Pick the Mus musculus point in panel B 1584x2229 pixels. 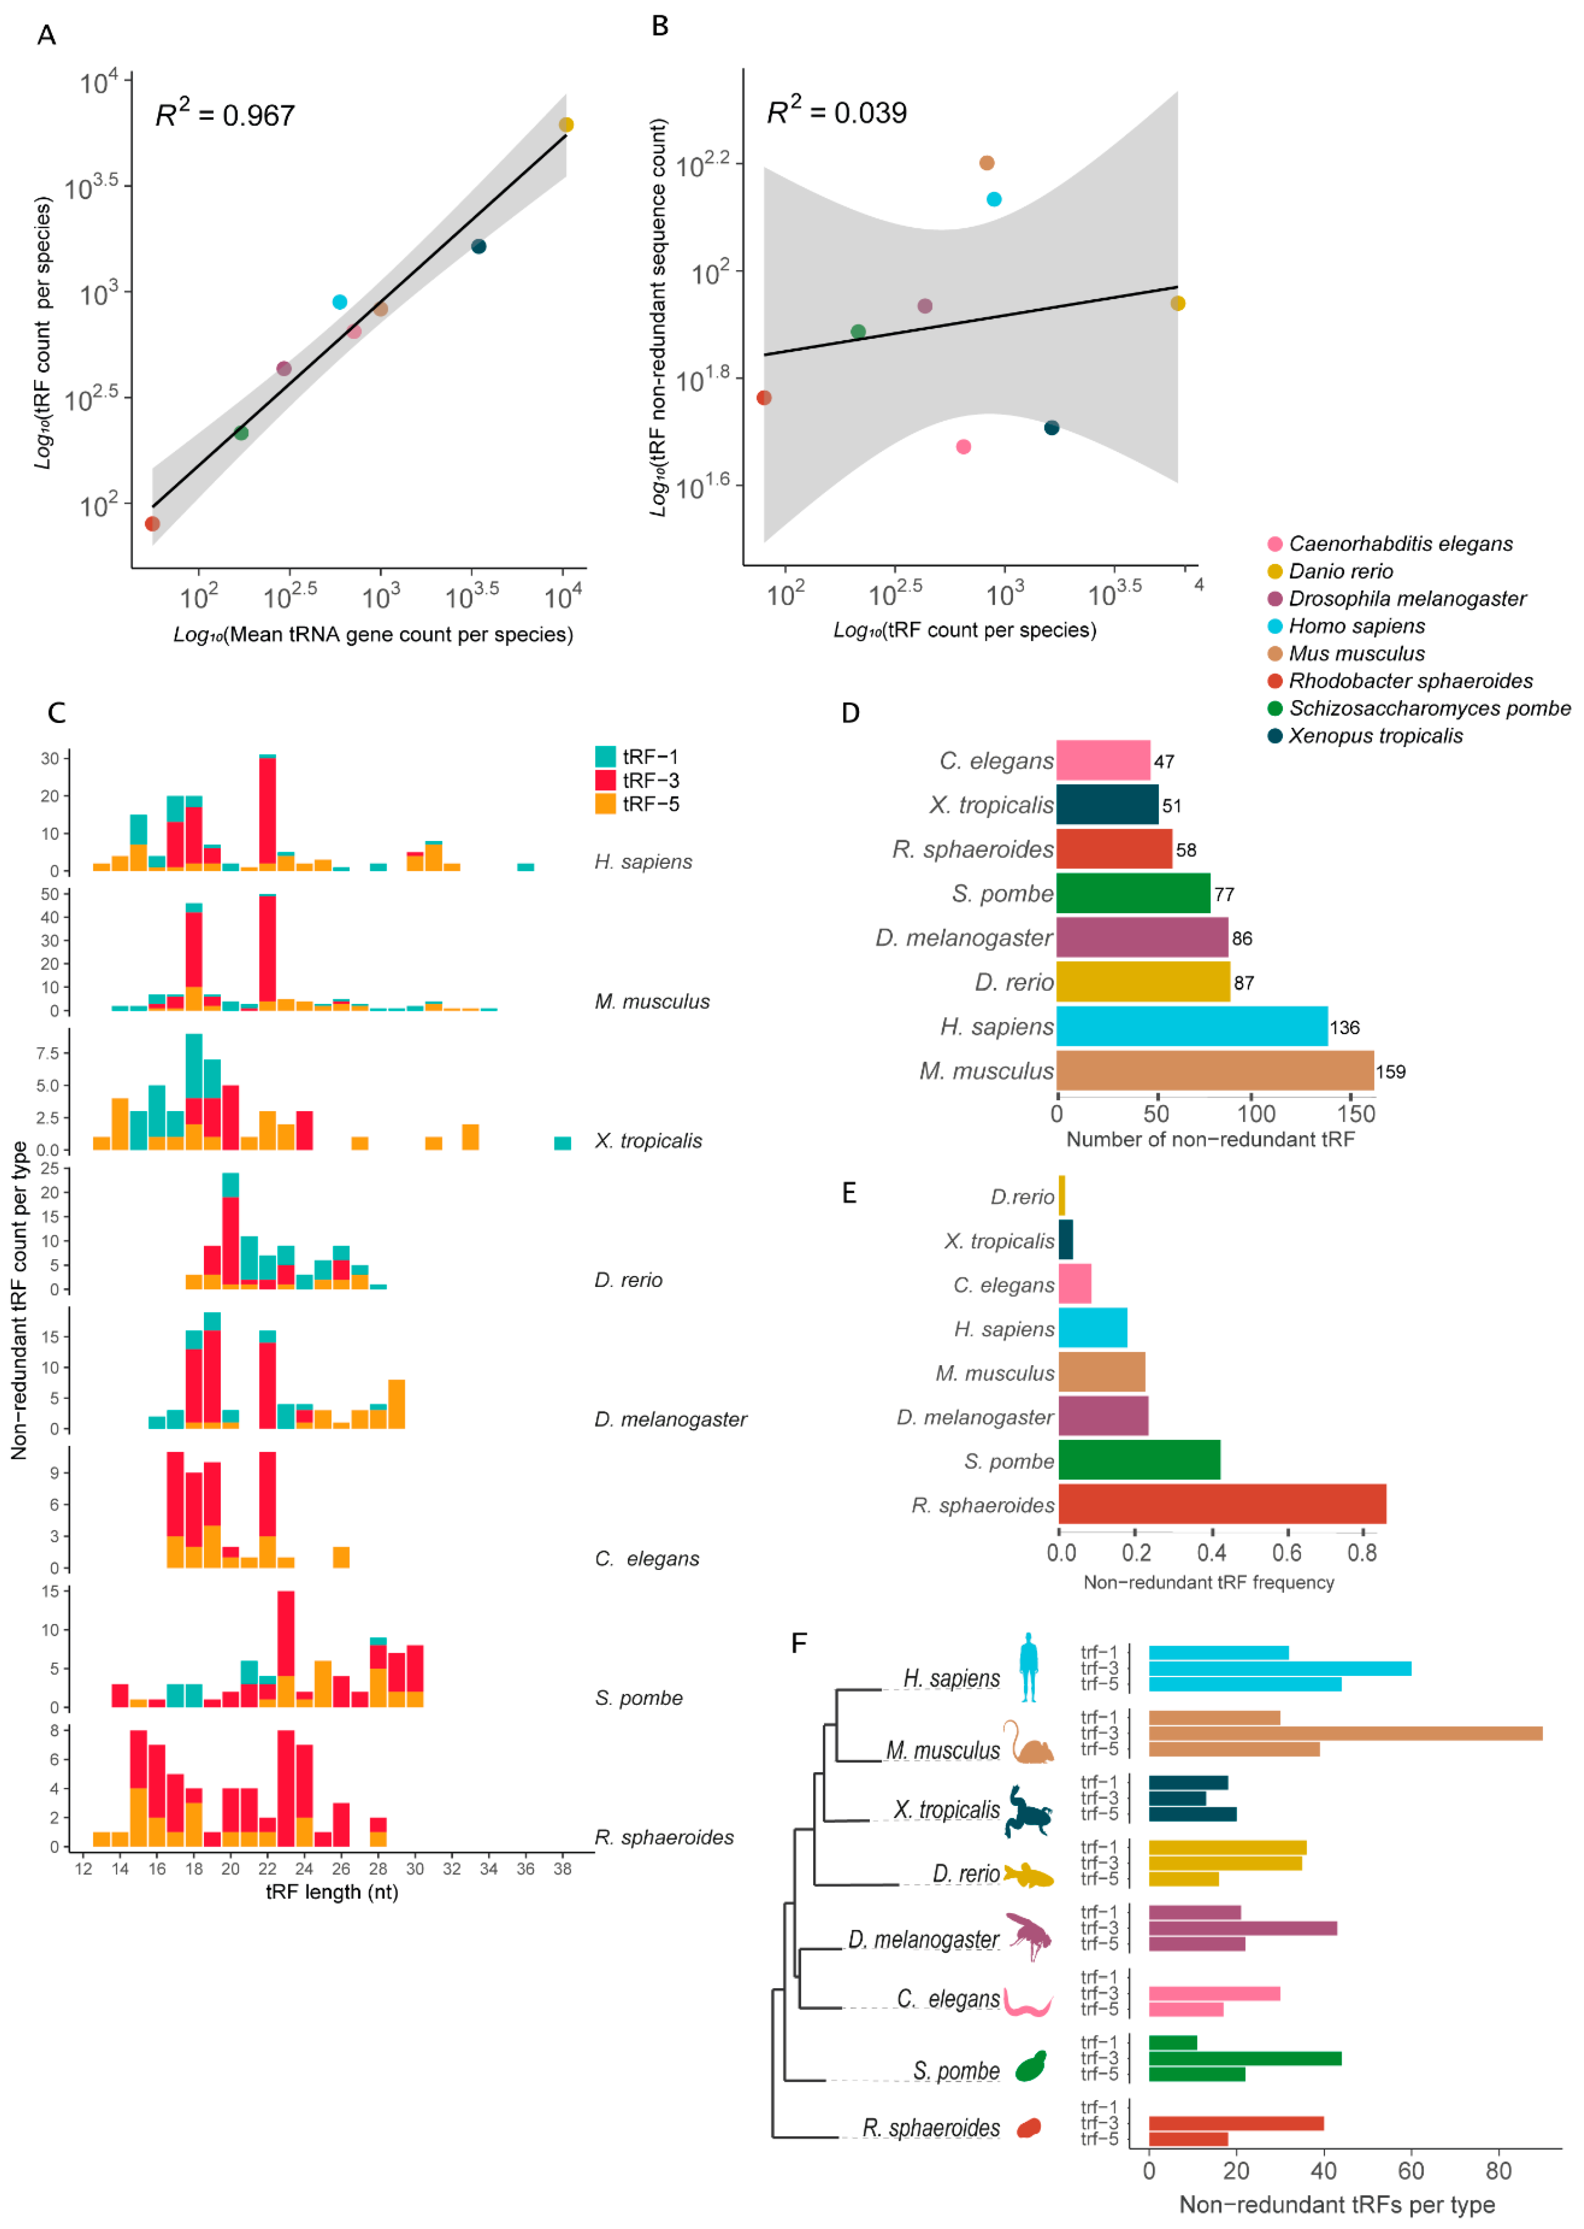point(986,163)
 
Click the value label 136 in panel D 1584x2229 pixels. point(1344,1027)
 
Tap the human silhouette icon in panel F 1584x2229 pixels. point(1028,1668)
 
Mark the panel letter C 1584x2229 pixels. point(57,713)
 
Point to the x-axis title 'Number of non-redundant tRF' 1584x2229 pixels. point(1209,1140)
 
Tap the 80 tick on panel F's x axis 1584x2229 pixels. point(1498,2171)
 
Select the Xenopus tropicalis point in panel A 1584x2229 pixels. point(478,246)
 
